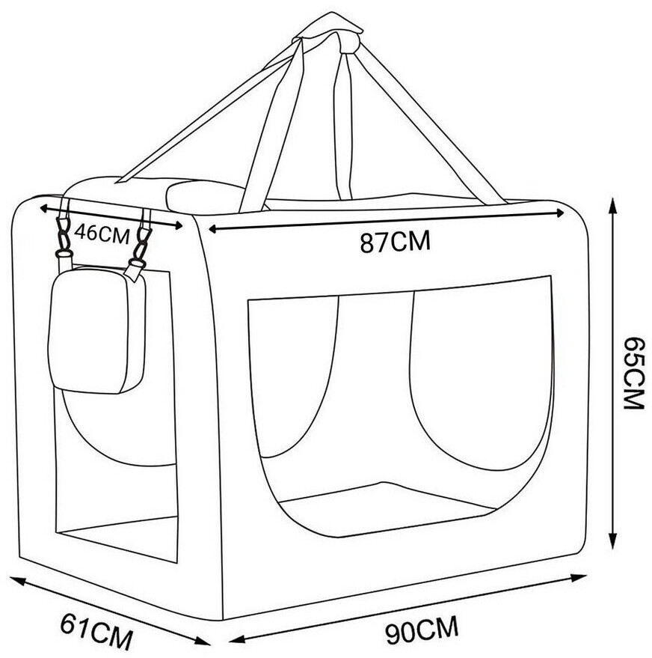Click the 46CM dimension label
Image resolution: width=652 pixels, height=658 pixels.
pyautogui.click(x=102, y=233)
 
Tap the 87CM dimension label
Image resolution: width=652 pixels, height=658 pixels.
pyautogui.click(x=395, y=242)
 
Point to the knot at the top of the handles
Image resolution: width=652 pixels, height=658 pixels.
pyautogui.click(x=330, y=30)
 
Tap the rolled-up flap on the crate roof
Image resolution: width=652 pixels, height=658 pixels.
pyautogui.click(x=206, y=196)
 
